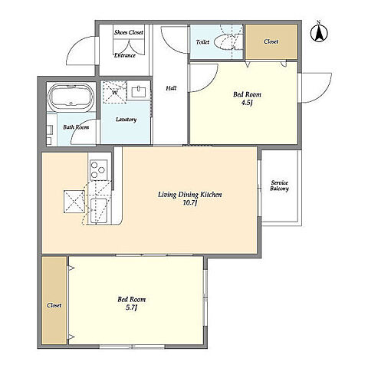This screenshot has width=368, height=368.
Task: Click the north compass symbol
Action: tap(319, 33)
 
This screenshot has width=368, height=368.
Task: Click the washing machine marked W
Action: tap(115, 92)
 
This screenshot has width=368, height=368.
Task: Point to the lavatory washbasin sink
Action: tap(139, 91)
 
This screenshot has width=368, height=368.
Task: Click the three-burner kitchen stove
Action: tap(99, 170)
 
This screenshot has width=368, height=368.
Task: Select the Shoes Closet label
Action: tap(129, 32)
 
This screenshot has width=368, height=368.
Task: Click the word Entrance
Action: tap(125, 55)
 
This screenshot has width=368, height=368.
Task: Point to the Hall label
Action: tap(171, 88)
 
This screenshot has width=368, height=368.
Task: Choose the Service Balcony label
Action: tap(279, 186)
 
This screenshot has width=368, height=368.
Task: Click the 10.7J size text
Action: tap(189, 203)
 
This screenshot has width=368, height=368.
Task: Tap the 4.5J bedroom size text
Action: tap(247, 103)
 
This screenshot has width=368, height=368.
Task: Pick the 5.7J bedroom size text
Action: tap(132, 308)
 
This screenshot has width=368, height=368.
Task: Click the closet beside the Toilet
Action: tap(271, 41)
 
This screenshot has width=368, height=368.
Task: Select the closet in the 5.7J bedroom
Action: tap(54, 301)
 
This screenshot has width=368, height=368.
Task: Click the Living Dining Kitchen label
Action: tap(190, 195)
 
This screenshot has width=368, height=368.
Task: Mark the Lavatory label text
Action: tap(126, 120)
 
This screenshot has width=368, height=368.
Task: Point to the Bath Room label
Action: tap(76, 127)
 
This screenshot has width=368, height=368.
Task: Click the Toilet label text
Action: tap(202, 42)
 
